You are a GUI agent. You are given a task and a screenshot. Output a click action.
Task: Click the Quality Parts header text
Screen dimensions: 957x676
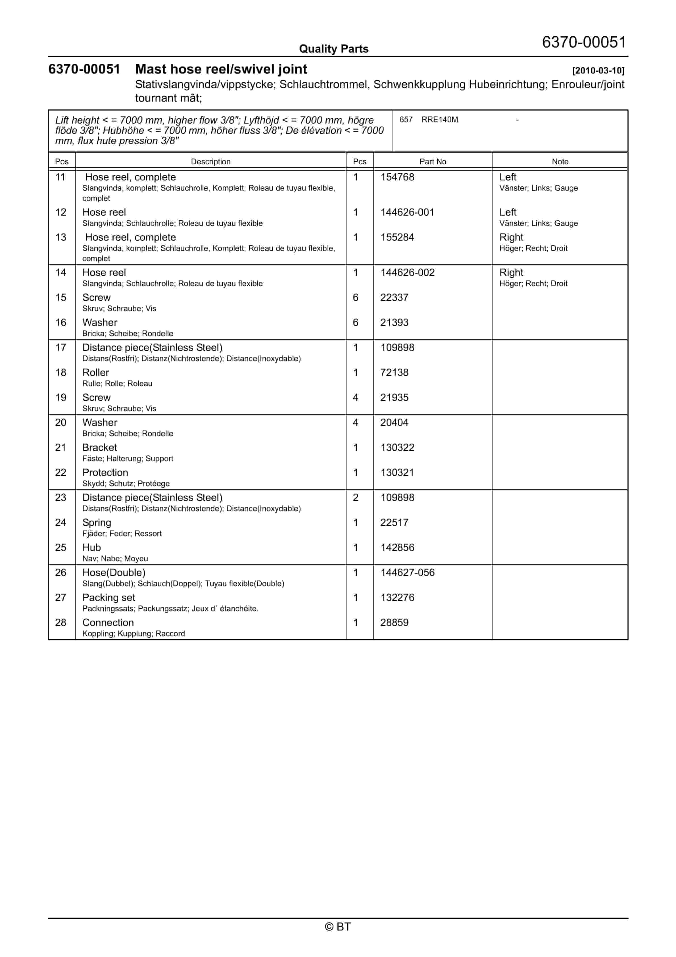tap(333, 49)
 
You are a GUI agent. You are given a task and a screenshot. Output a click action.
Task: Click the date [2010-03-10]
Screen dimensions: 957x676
tap(598, 70)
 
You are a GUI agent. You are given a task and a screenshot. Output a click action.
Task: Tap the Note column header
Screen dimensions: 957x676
tap(560, 161)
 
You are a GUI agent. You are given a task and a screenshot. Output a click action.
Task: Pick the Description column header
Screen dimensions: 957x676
tap(210, 161)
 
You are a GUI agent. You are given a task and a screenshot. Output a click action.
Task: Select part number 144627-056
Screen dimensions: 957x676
tap(407, 573)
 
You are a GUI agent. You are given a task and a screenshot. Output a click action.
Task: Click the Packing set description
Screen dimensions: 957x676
tap(109, 598)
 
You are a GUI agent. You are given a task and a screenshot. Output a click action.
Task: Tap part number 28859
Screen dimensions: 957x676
tap(394, 623)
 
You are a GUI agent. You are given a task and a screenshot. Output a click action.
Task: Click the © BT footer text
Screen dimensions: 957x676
tap(338, 927)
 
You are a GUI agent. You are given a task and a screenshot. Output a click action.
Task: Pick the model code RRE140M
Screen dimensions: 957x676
tap(439, 120)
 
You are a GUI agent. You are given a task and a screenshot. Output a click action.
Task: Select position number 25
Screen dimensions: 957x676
tap(61, 548)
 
